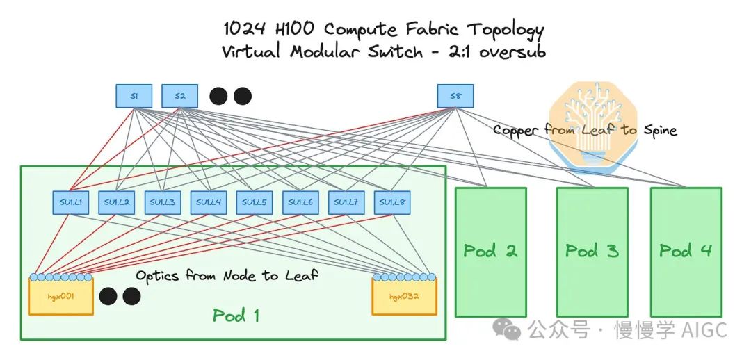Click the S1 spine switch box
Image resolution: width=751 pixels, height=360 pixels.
[x=134, y=96]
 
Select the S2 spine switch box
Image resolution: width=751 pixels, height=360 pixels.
[x=179, y=96]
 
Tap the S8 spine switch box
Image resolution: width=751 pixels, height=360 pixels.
[x=455, y=96]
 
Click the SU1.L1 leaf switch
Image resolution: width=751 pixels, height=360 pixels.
[x=70, y=202]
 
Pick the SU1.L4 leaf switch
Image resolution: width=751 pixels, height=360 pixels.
[x=209, y=202]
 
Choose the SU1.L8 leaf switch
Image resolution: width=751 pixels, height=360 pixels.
[x=392, y=202]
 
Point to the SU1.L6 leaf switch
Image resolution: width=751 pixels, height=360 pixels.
[x=300, y=202]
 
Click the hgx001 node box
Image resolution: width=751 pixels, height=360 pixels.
[x=60, y=297]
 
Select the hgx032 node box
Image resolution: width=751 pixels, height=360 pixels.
[x=404, y=297]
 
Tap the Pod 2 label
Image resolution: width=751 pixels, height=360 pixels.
[x=490, y=250]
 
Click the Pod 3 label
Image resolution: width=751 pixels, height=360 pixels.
[x=591, y=250]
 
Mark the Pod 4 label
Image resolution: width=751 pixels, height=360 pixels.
[x=686, y=250]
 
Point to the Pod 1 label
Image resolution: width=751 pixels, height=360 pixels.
[x=236, y=316]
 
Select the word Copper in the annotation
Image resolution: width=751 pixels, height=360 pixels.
[x=516, y=130]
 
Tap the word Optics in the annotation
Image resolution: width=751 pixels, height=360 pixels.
[x=157, y=275]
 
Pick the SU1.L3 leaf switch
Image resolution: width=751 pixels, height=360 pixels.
[x=163, y=202]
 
